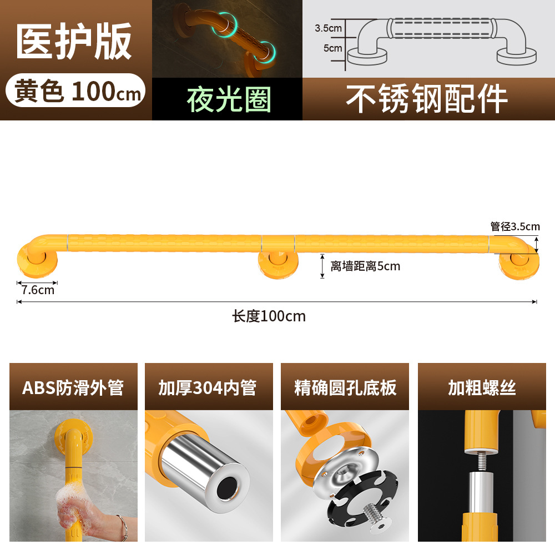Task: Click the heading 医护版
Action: point(74,42)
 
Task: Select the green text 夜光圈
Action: point(228,100)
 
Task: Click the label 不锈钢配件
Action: point(427,99)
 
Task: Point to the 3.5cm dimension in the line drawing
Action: point(328,27)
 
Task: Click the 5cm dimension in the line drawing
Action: point(332,48)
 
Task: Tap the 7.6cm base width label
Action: point(38,290)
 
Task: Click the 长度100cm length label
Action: point(269,316)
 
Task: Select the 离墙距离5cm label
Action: point(365,266)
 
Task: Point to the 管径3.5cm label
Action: point(515,226)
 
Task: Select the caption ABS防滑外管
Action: point(73,387)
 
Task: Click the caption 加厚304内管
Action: point(208,387)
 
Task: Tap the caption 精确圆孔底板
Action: point(345,387)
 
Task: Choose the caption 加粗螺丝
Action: point(482,387)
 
